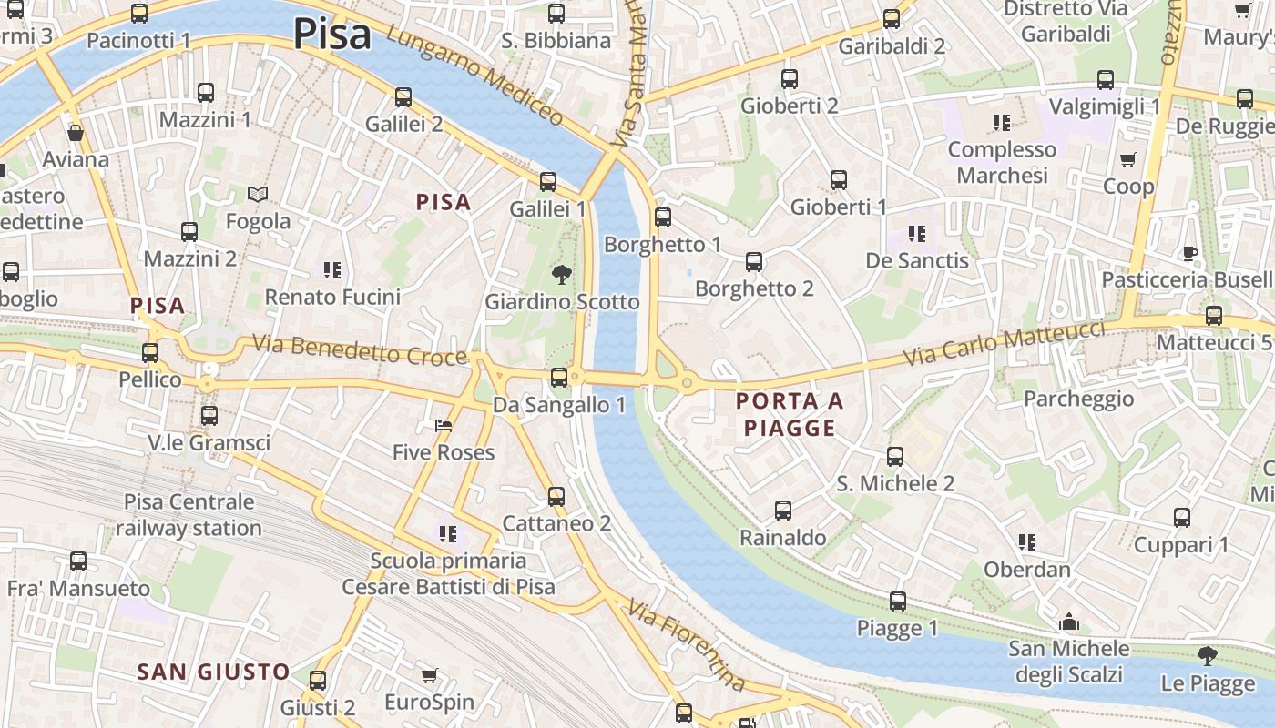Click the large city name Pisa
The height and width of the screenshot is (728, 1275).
pyautogui.click(x=332, y=35)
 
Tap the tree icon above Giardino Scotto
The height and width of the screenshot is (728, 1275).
pyautogui.click(x=562, y=273)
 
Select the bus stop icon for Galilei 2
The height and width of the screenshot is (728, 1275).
pyautogui.click(x=403, y=96)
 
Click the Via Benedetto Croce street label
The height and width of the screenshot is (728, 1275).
pyautogui.click(x=360, y=350)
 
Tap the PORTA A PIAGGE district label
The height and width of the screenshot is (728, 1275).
pyautogui.click(x=790, y=414)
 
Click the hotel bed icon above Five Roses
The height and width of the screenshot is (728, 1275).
pyautogui.click(x=444, y=425)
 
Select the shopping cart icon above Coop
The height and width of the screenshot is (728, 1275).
pyautogui.click(x=1128, y=159)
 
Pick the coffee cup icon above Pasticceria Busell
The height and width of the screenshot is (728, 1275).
pyautogui.click(x=1189, y=253)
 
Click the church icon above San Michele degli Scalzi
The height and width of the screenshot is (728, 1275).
pyautogui.click(x=1069, y=622)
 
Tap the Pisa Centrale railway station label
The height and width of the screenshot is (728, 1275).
pyautogui.click(x=189, y=515)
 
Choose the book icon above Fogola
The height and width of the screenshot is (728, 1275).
pyautogui.click(x=259, y=194)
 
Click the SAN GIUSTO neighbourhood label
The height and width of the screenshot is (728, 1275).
pyautogui.click(x=213, y=672)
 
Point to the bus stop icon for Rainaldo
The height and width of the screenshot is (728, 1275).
pyautogui.click(x=783, y=511)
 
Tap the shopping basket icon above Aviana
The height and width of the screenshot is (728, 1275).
pyautogui.click(x=76, y=133)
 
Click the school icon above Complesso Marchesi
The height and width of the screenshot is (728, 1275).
pyautogui.click(x=1002, y=122)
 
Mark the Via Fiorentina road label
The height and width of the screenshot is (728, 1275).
pyautogui.click(x=688, y=645)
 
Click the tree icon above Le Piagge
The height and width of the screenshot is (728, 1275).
pyautogui.click(x=1208, y=655)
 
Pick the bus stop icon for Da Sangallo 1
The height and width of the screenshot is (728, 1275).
pyautogui.click(x=559, y=377)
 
